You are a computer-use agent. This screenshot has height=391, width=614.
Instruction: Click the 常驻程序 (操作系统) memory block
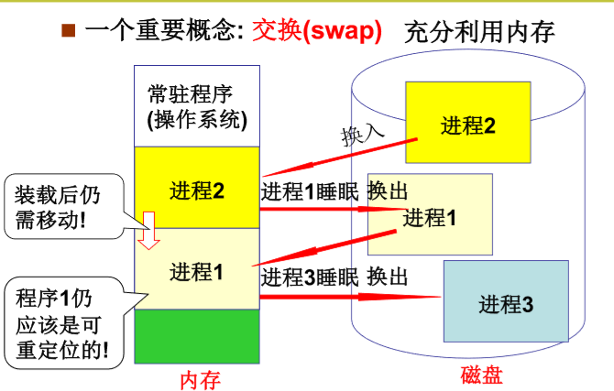coord(197,106)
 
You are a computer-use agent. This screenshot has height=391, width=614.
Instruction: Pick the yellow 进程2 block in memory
coord(197,190)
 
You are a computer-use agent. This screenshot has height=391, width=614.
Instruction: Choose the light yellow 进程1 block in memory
coord(197,271)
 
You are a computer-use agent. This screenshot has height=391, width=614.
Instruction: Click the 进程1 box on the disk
coord(430,218)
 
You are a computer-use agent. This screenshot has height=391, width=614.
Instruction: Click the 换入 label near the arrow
coord(362,136)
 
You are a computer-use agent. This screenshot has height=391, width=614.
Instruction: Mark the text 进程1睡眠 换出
coord(334,191)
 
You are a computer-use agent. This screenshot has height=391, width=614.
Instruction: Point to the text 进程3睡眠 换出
coord(334,277)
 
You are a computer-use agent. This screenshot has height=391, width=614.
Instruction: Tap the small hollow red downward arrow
coord(150,233)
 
